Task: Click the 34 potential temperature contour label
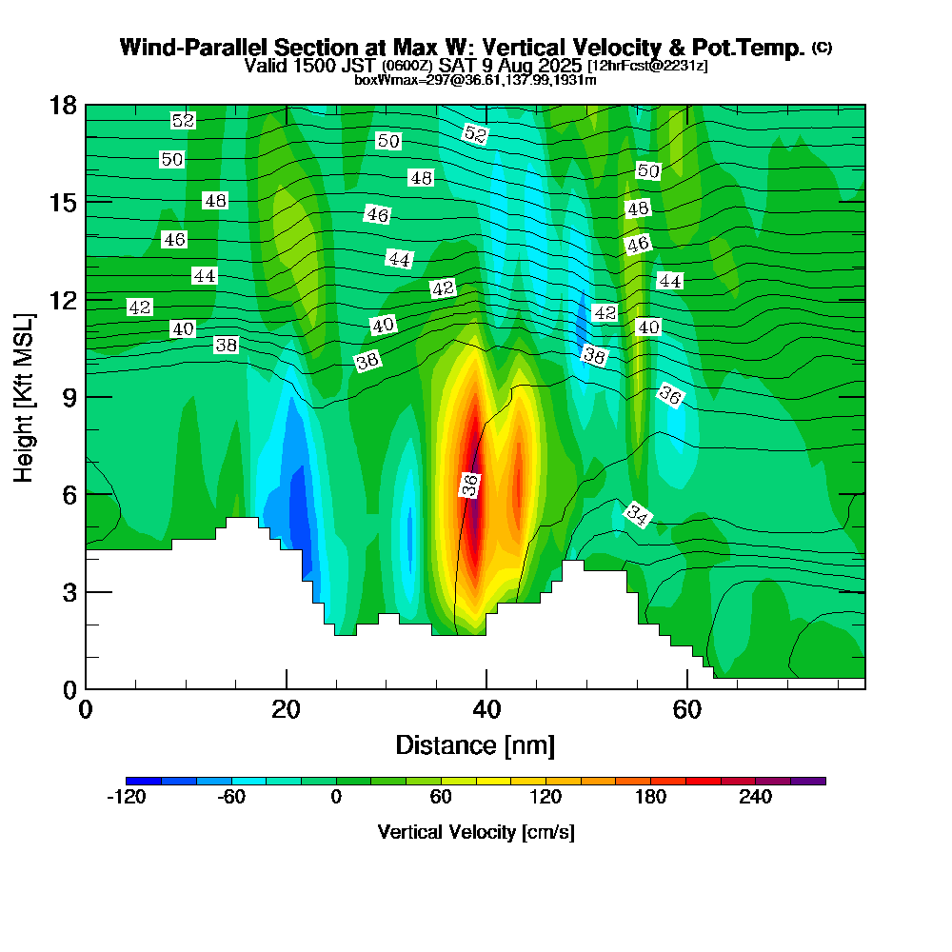point(637,516)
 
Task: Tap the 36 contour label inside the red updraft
point(469,485)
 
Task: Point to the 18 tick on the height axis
point(63,105)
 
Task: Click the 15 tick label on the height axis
point(63,202)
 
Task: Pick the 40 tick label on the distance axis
point(486,710)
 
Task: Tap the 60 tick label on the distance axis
point(686,710)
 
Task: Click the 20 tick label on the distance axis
point(286,710)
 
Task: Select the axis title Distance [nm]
point(475,744)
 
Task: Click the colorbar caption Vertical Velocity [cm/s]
point(476,832)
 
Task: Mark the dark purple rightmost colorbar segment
point(808,781)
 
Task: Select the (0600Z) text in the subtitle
point(408,66)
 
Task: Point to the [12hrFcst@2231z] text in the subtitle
point(648,66)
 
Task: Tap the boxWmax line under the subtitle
point(475,80)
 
